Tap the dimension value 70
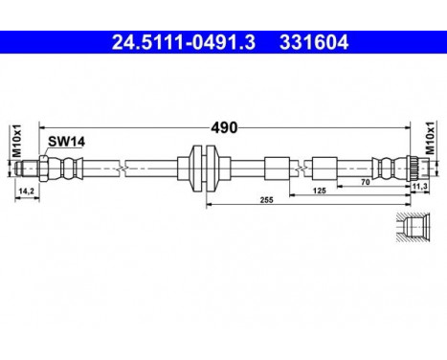coord(366,180)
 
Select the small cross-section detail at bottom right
coord(413,228)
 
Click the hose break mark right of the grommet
coord(302,168)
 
